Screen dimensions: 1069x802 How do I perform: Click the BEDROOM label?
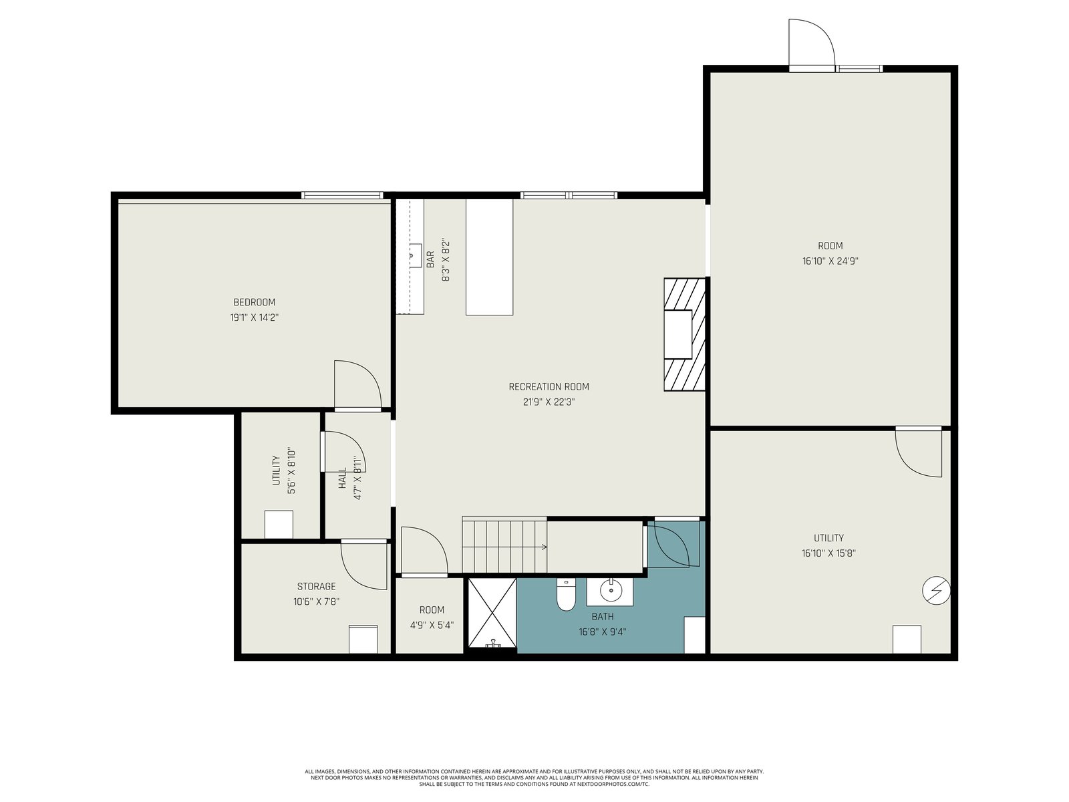pos(255,302)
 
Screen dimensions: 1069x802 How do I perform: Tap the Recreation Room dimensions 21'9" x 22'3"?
pos(549,402)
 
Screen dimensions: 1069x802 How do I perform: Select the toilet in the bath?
pos(565,595)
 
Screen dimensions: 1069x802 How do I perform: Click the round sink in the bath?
pos(611,592)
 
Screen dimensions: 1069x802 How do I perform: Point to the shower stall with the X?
pos(492,613)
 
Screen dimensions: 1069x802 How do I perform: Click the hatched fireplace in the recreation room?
pos(684,335)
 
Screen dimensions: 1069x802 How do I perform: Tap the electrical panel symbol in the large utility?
pos(936,591)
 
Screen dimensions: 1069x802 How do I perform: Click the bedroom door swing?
pos(358,385)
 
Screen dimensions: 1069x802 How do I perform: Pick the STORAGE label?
pos(316,586)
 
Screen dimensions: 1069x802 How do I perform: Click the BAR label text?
pos(430,259)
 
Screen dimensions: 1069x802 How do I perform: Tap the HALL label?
pos(342,479)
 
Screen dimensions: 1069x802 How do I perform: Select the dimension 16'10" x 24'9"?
pos(830,261)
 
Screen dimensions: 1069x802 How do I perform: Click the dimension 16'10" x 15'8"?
pos(828,553)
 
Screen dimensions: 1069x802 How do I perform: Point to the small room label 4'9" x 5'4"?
pos(432,625)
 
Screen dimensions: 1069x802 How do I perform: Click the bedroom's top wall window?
pos(342,195)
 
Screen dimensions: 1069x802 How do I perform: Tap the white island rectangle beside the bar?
pos(489,257)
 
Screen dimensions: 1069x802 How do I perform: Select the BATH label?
pos(603,616)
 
